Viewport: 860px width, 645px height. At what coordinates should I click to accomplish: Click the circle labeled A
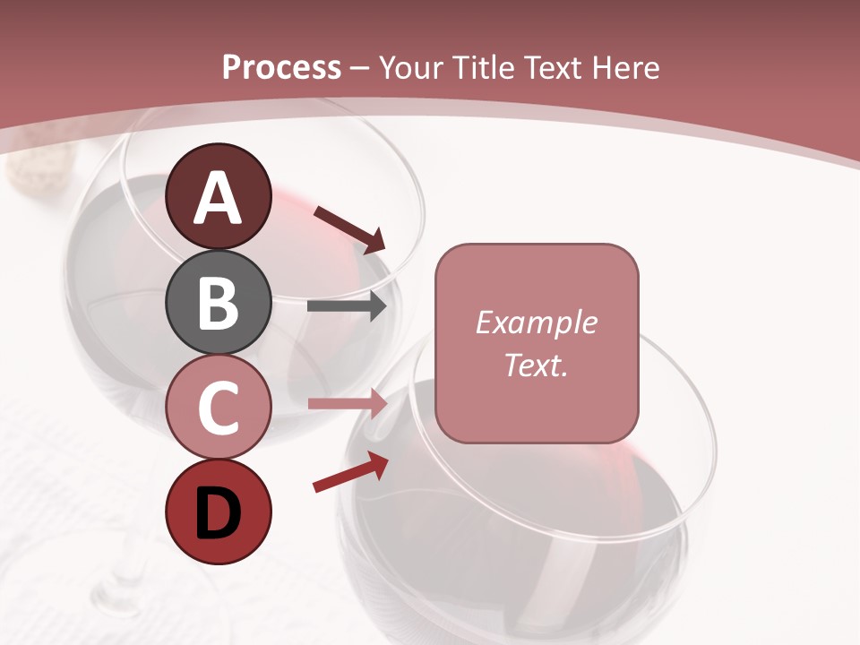219,197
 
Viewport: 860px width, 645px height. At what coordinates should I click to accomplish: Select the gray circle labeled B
219,303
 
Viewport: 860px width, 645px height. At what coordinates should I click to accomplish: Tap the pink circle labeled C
219,408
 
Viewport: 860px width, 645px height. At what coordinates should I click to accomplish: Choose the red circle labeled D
219,512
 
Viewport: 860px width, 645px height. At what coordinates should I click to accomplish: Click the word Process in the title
281,68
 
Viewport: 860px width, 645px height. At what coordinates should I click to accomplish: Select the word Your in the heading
412,68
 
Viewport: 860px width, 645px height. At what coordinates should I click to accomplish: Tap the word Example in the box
536,322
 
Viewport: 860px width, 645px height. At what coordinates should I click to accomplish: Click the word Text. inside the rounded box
536,365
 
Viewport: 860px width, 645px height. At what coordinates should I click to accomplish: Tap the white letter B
219,303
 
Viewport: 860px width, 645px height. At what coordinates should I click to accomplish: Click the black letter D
219,513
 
